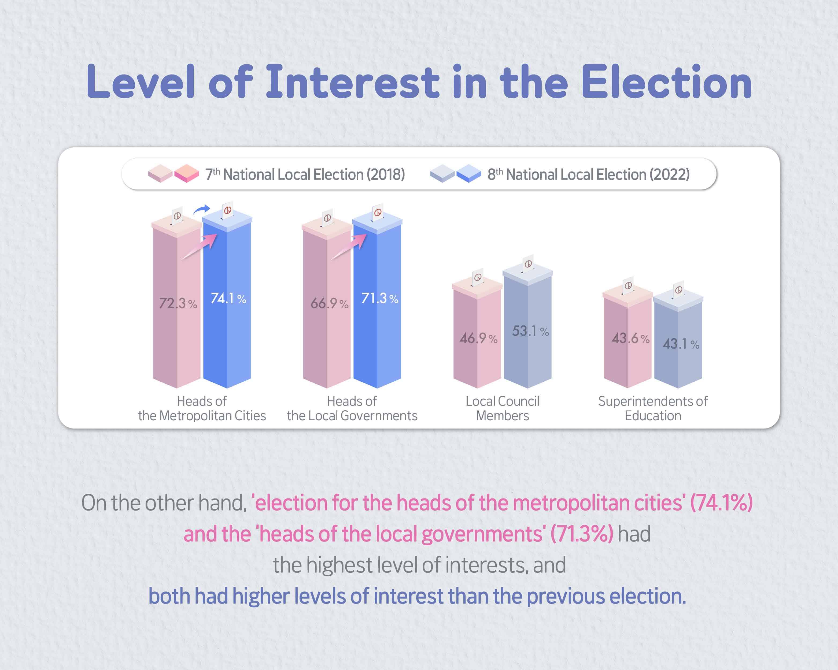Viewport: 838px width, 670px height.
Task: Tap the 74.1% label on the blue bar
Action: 228,298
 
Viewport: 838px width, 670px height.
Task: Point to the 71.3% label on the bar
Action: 379,298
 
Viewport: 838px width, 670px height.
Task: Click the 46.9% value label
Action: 478,338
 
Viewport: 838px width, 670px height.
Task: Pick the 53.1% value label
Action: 530,331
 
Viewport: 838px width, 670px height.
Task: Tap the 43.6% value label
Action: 630,338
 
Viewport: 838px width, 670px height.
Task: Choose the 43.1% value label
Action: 681,344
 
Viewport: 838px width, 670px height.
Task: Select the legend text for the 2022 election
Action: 588,174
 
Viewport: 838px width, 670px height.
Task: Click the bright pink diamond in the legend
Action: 187,173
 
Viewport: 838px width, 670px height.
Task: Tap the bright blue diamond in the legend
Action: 469,173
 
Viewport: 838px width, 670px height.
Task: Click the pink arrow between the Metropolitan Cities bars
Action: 199,246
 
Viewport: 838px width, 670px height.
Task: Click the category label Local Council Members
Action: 502,408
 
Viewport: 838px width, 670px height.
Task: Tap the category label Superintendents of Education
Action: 653,408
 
